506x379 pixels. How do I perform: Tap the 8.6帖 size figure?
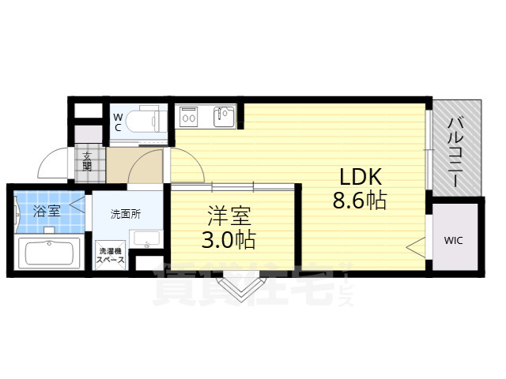point(359,201)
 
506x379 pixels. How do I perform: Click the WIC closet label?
point(454,240)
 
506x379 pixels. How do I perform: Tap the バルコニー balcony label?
point(456,150)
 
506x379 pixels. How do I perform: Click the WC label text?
point(118,122)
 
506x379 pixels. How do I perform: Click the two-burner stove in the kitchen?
point(190,118)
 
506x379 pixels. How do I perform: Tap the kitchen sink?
point(223,118)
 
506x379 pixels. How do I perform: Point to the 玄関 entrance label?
point(87,162)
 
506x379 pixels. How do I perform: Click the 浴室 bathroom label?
point(47,211)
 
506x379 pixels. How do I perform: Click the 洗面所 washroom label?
point(125,213)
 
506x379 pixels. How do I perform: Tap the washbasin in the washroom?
point(145,239)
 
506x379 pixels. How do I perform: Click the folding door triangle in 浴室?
point(77,205)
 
